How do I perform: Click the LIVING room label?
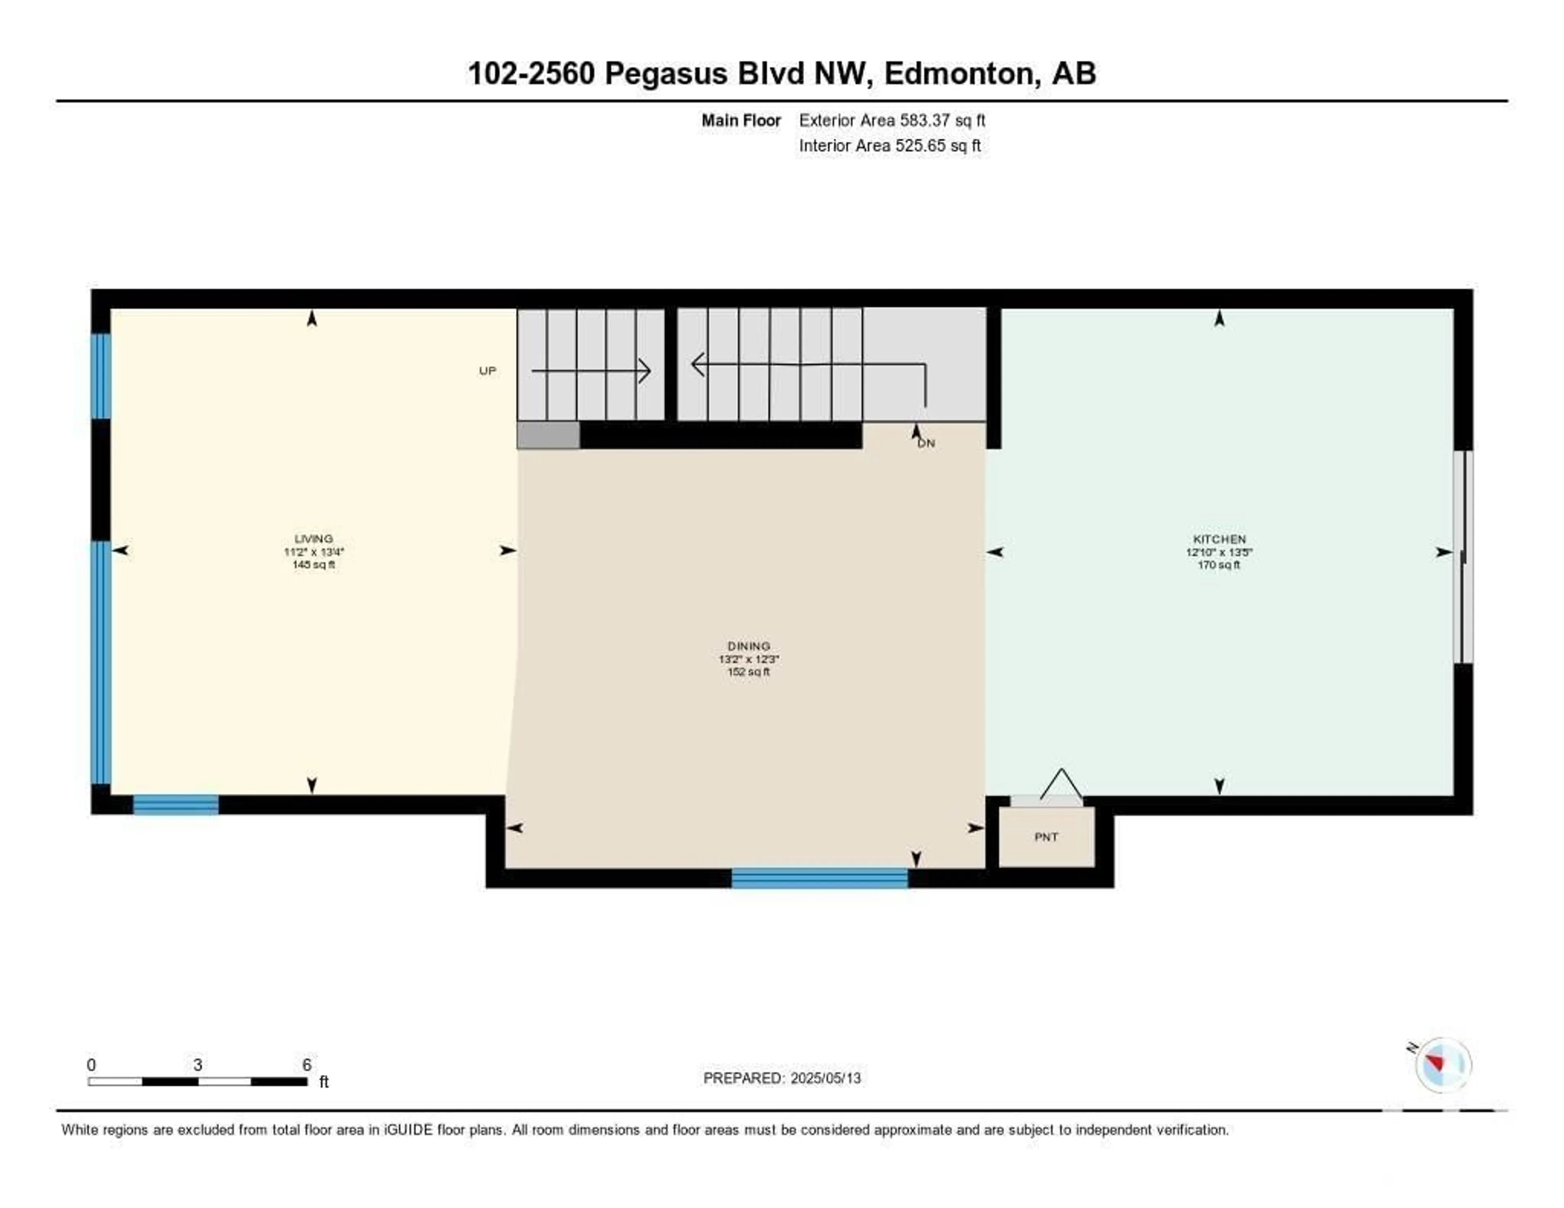[314, 538]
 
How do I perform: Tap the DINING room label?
[749, 646]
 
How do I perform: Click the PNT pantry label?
[1046, 837]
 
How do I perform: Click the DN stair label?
[927, 443]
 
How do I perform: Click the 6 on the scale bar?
[307, 1065]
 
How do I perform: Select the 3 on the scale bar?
[198, 1065]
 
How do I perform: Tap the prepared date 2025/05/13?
[825, 1078]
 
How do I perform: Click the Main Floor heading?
[741, 120]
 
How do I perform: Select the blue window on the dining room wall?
[820, 878]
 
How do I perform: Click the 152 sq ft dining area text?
[749, 672]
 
